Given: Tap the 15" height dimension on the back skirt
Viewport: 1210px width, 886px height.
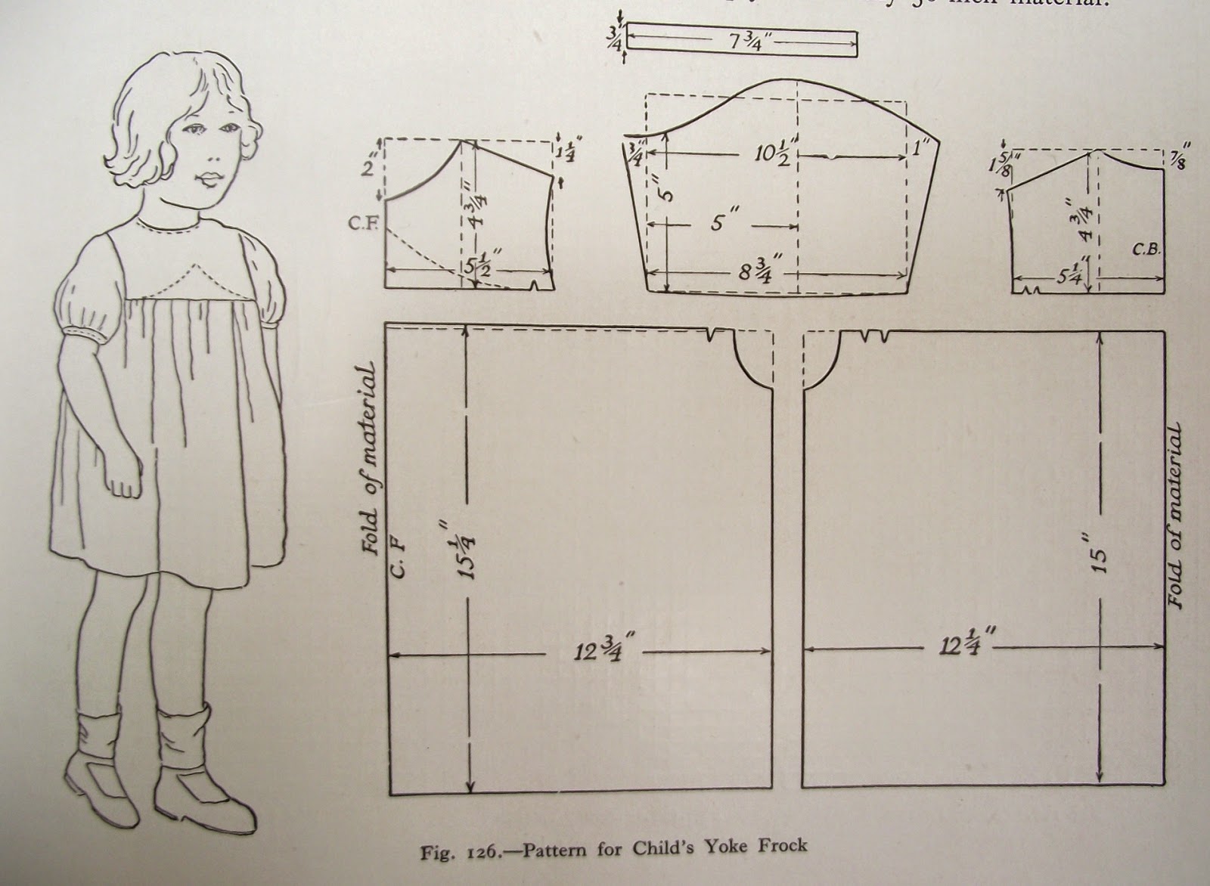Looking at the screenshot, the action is (x=1099, y=559).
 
